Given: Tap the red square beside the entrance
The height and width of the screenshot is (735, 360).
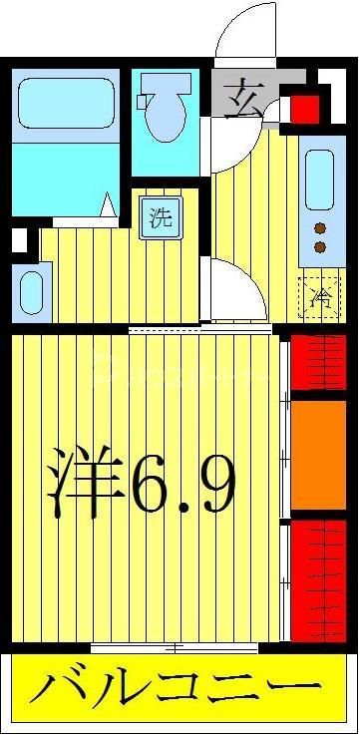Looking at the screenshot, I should point(303,107).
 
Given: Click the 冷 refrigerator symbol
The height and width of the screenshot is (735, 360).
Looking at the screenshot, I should point(319,294).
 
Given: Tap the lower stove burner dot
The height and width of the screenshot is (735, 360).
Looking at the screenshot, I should point(320,245).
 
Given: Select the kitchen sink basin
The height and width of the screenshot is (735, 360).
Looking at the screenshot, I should point(320,180).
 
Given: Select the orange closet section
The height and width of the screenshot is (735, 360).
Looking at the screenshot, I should point(318,454).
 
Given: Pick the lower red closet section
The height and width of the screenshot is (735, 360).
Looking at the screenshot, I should point(318,579).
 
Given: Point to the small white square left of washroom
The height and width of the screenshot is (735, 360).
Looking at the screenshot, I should point(19,239).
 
